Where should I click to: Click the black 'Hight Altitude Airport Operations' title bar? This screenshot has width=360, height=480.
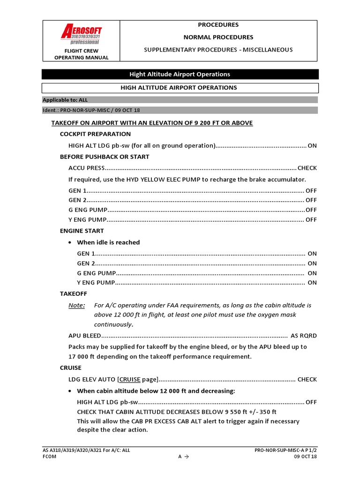click(x=180, y=74)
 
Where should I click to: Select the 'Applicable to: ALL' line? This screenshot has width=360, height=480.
click(x=65, y=100)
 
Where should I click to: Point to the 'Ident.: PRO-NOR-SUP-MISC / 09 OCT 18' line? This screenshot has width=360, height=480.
click(x=91, y=110)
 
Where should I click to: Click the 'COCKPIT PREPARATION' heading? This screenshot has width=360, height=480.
click(x=95, y=134)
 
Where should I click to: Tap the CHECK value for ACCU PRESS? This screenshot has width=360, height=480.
click(x=307, y=168)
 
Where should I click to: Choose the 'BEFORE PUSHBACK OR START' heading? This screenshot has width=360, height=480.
click(x=105, y=157)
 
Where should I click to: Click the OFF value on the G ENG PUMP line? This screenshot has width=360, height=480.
click(x=311, y=210)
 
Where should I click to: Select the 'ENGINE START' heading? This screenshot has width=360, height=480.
click(x=82, y=231)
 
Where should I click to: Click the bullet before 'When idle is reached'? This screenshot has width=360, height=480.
click(x=70, y=242)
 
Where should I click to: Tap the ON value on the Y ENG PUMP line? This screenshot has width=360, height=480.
click(x=312, y=283)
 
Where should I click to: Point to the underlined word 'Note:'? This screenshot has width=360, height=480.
click(x=77, y=305)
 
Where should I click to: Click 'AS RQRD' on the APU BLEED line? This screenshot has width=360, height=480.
click(x=304, y=336)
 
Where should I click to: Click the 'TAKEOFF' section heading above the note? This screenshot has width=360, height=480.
click(x=74, y=293)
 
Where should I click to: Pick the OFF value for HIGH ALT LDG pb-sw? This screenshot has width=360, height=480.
click(x=311, y=402)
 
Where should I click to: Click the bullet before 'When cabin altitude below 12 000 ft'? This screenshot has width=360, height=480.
click(x=70, y=391)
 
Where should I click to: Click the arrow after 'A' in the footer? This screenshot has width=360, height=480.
click(x=186, y=457)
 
